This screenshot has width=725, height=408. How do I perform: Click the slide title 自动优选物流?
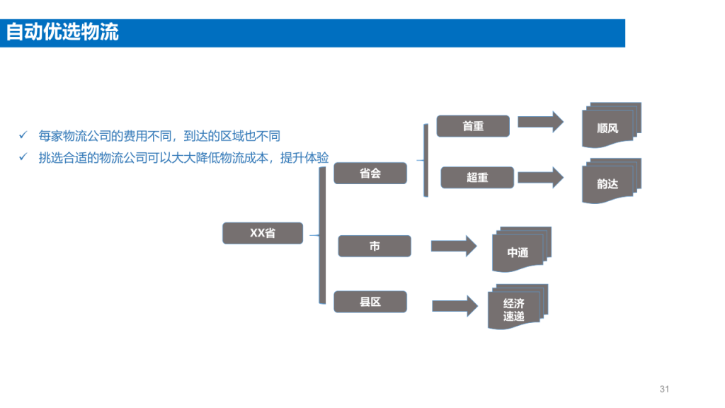click(x=62, y=33)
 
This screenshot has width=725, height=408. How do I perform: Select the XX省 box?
click(x=263, y=233)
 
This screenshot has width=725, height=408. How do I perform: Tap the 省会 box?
click(x=370, y=174)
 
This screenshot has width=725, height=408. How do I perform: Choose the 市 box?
click(x=375, y=246)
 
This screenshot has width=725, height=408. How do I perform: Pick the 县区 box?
click(x=370, y=302)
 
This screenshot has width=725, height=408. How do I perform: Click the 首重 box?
click(x=473, y=126)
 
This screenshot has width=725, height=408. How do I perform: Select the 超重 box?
click(x=477, y=178)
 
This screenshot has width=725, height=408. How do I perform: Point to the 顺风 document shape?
click(x=611, y=125)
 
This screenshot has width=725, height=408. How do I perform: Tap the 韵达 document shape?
click(x=611, y=181)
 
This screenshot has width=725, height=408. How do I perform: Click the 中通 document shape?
click(x=522, y=249)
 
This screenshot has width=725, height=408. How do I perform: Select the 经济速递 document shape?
click(x=518, y=307)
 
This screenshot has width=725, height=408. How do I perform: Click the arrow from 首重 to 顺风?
click(x=540, y=122)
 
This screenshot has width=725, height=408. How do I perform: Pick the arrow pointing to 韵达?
click(x=540, y=178)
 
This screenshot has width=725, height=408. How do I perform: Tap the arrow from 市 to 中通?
click(x=454, y=246)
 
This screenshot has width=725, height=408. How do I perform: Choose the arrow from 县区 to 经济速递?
click(x=455, y=306)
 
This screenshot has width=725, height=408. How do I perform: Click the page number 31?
click(x=664, y=389)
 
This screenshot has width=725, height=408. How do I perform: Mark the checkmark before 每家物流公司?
click(x=23, y=135)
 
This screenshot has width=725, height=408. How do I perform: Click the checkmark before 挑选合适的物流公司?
click(x=23, y=157)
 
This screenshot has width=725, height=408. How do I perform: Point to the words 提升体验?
click(x=304, y=158)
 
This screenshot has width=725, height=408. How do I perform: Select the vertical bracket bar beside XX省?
click(x=322, y=235)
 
